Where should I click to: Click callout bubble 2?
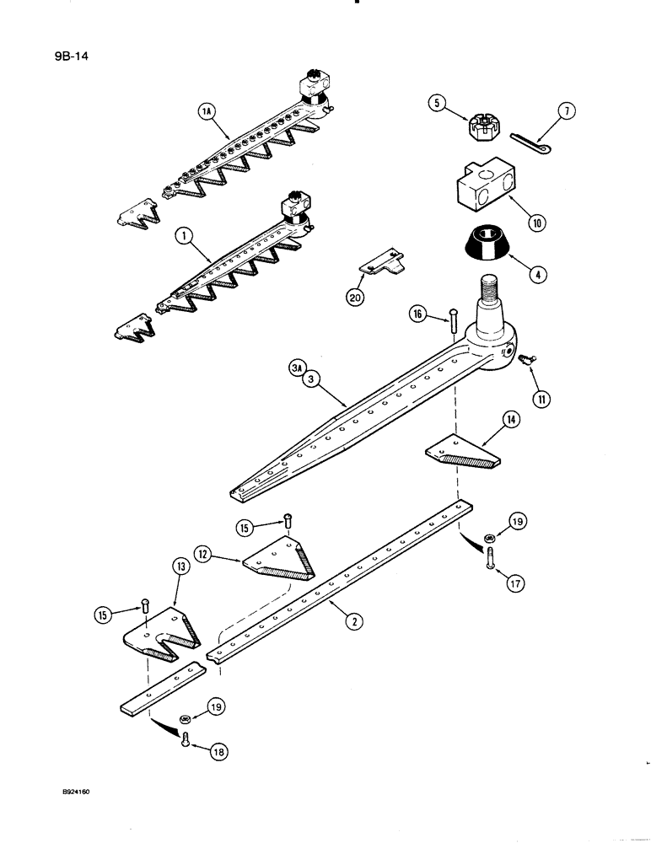coord(355,622)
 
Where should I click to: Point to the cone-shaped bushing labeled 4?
coord(484,245)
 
